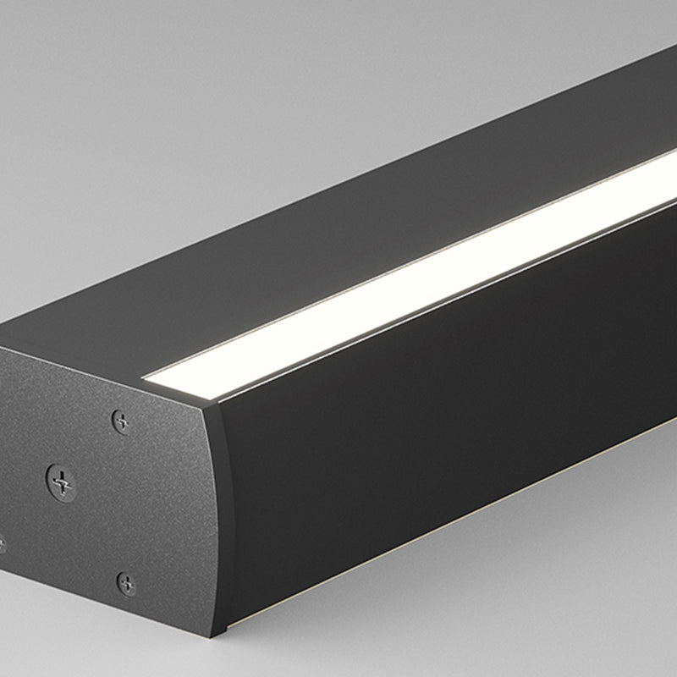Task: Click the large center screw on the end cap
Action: pyautogui.click(x=61, y=482)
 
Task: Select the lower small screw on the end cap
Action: pyautogui.click(x=126, y=583)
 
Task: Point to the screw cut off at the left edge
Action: pyautogui.click(x=2, y=544)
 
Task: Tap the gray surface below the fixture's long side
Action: pyautogui.click(x=508, y=592)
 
